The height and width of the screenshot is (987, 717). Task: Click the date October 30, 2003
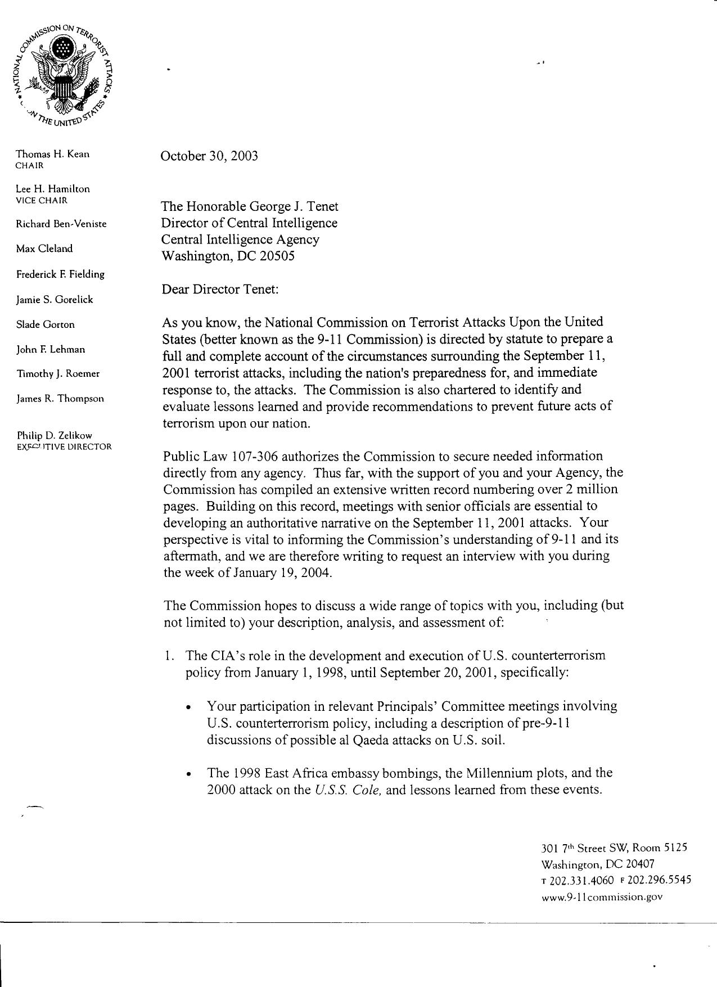click(x=209, y=156)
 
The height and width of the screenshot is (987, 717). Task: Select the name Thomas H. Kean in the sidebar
click(x=52, y=154)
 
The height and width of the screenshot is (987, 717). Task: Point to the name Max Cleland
click(x=44, y=249)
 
